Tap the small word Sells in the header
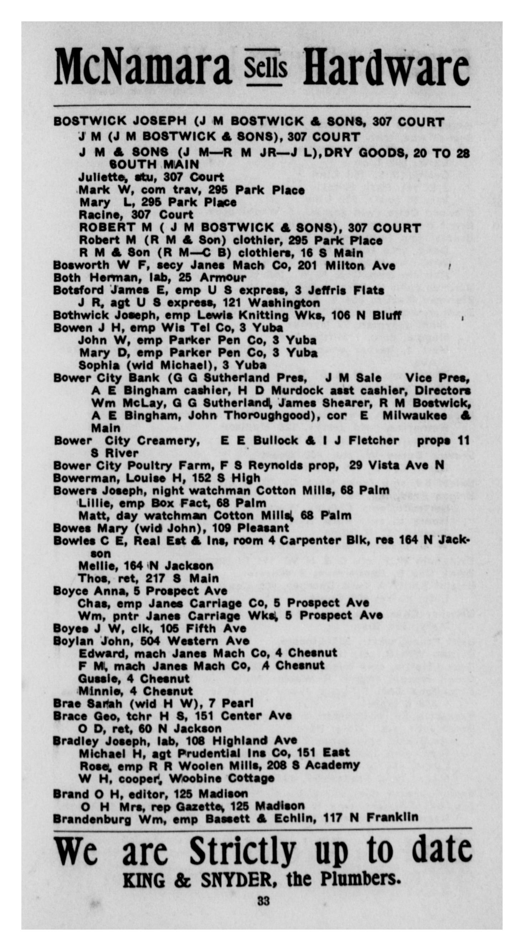click(x=265, y=68)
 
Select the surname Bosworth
click(x=81, y=265)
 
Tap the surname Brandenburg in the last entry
click(x=92, y=819)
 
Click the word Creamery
click(x=169, y=441)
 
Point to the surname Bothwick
click(x=81, y=316)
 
